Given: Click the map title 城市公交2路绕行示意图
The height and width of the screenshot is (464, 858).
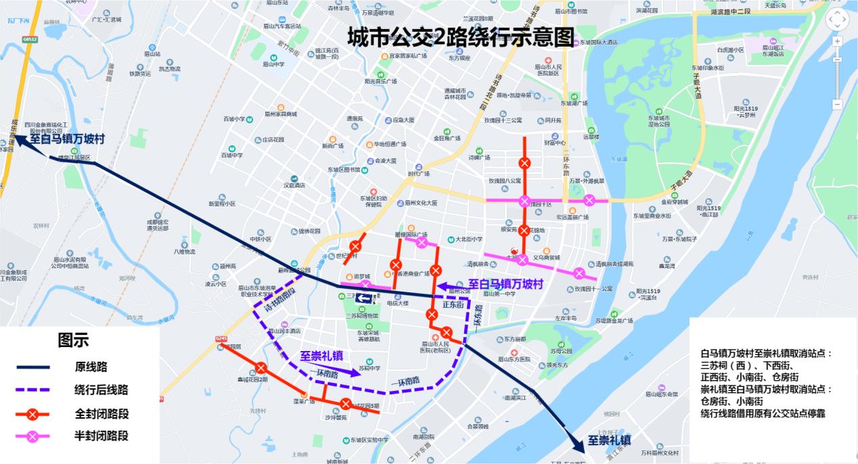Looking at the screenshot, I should [460, 37].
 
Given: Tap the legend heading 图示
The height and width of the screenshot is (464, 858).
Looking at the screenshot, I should [73, 340].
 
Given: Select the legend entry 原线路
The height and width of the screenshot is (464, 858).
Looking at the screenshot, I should [91, 367].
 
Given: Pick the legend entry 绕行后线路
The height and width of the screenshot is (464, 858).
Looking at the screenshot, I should [101, 390].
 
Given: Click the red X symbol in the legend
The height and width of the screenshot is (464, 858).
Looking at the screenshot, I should [33, 414].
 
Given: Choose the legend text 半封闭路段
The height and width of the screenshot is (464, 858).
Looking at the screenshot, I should [101, 436].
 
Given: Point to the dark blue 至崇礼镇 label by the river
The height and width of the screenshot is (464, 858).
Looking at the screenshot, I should [609, 440].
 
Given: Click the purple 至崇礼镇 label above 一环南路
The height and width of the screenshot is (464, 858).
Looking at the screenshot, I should [321, 356].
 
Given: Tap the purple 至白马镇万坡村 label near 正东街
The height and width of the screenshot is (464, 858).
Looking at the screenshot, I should [506, 284].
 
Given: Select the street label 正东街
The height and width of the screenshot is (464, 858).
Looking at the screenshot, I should [453, 305].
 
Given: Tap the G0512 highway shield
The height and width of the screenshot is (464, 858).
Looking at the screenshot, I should [29, 40].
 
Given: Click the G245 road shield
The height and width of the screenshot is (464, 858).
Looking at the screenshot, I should [220, 338].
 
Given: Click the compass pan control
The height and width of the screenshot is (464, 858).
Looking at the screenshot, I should [837, 20].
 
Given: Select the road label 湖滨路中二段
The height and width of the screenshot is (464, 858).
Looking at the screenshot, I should [731, 12].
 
